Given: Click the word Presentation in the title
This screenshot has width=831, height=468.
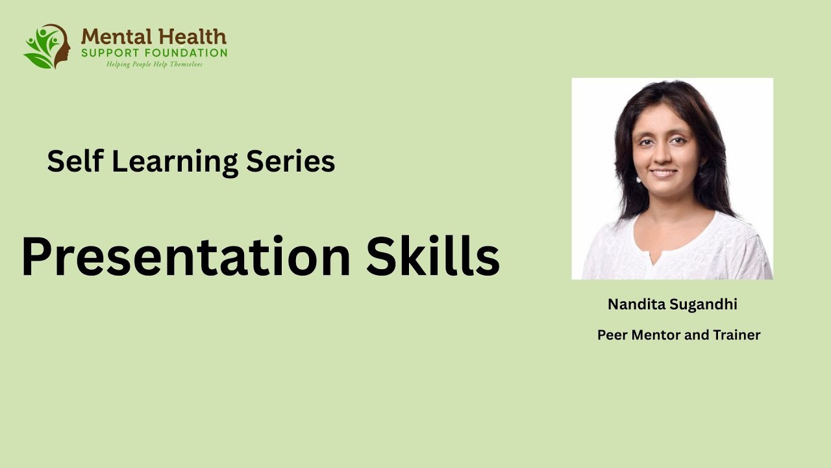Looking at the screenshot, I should point(185,257).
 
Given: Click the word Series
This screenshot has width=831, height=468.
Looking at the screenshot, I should point(290,161).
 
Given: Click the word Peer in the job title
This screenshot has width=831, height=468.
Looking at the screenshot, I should point(612,335).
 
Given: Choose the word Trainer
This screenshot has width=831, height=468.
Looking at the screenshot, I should point(736,335).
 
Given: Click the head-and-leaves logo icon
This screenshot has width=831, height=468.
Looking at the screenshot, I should point(47,46).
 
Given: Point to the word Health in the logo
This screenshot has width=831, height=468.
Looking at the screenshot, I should point(192,36).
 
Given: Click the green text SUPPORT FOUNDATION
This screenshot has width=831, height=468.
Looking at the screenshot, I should point(154,53).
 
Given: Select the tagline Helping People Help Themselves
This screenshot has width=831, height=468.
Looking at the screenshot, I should point(155,64).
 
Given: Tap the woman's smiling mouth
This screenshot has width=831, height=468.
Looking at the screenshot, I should point(663,173).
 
